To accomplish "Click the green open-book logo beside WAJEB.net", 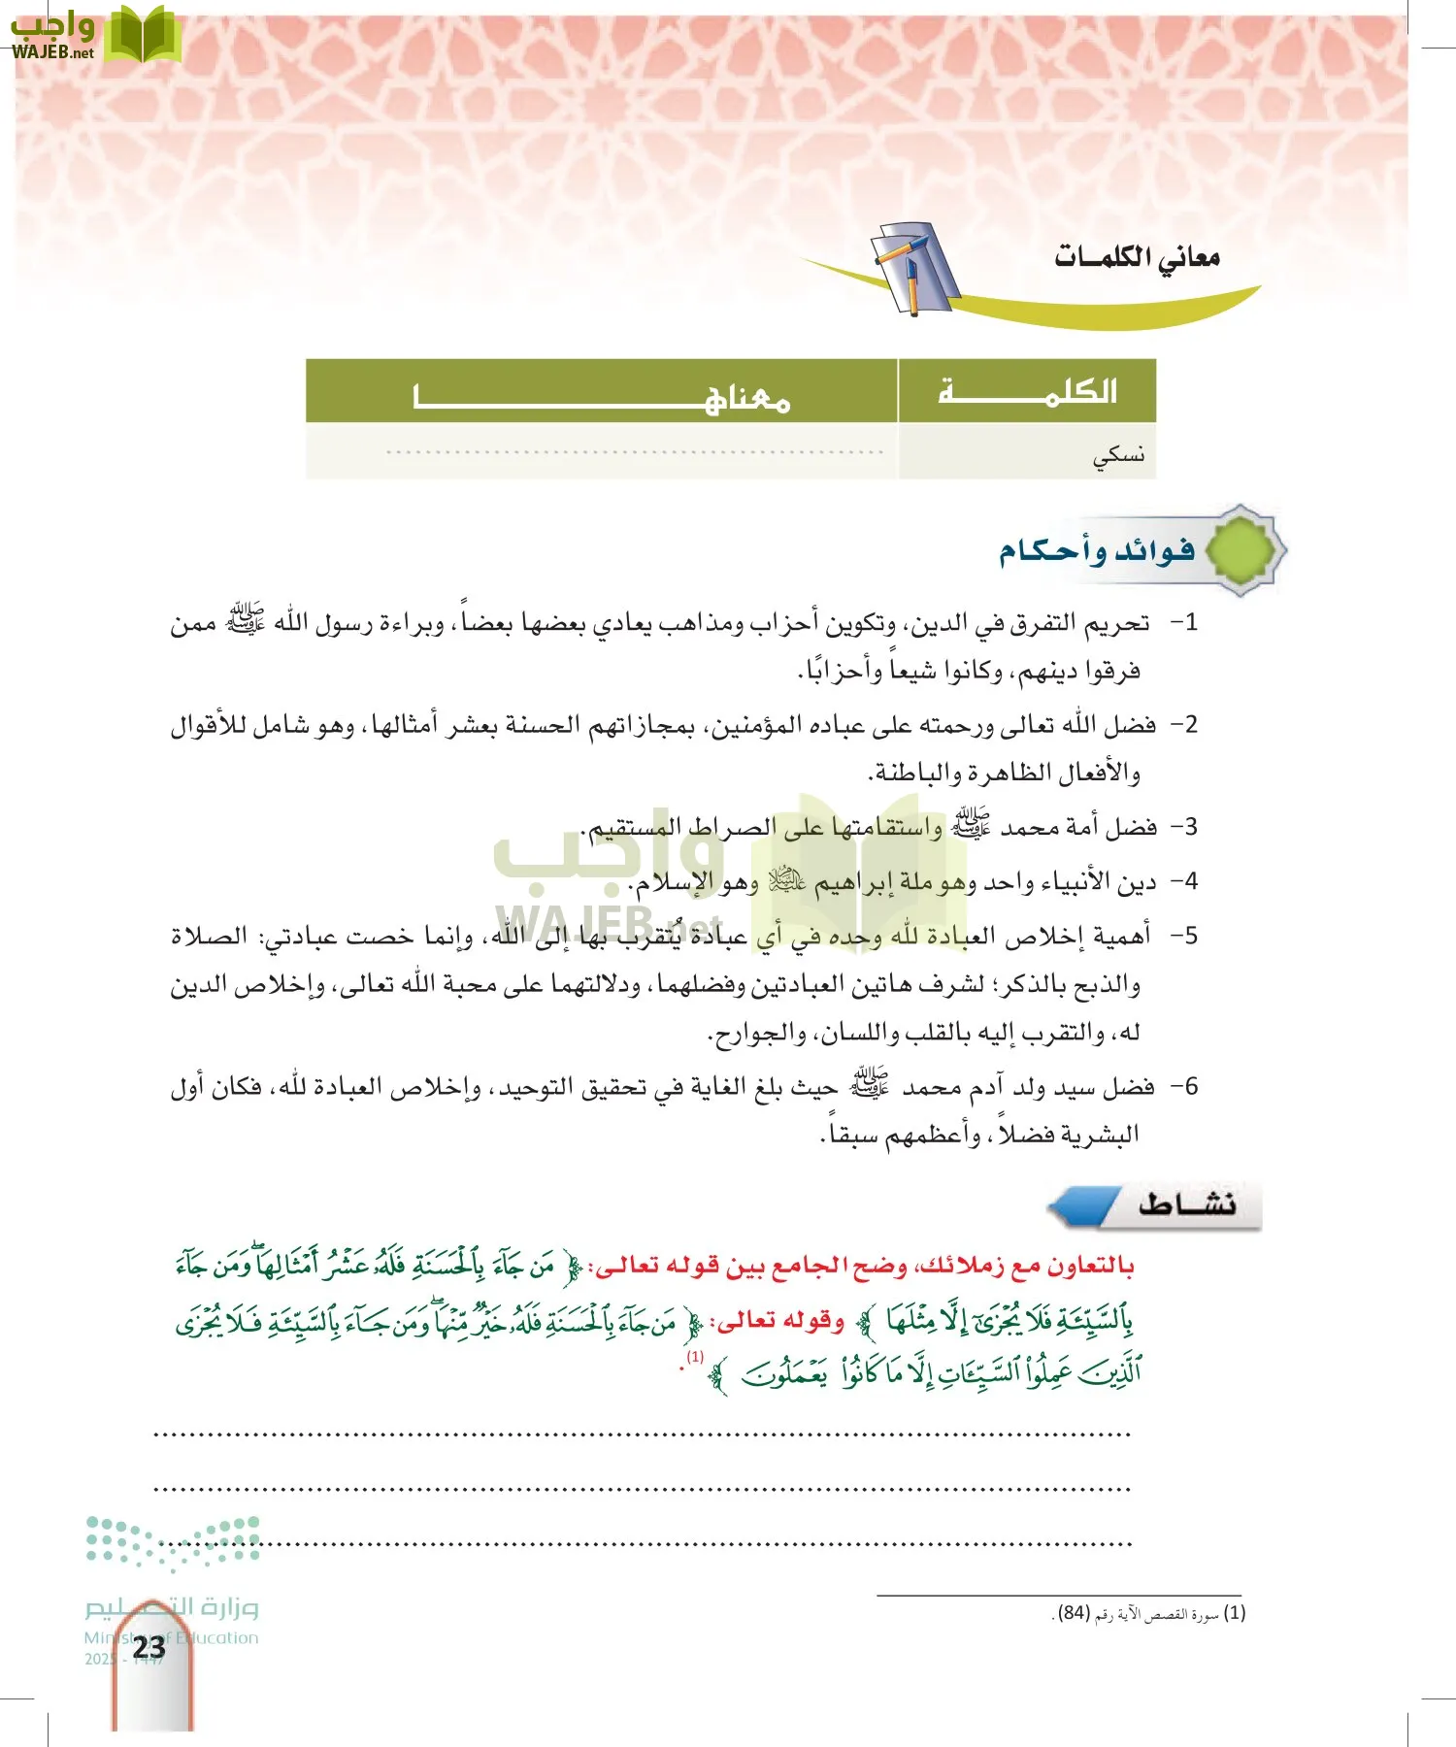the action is click(142, 35).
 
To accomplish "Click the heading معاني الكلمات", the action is click(1137, 257).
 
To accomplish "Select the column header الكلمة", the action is click(1027, 391).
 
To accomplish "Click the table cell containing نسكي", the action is click(1118, 453).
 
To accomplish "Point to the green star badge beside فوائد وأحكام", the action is click(1242, 550).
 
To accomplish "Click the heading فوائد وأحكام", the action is click(1098, 551).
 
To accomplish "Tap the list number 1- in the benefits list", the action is click(1184, 623).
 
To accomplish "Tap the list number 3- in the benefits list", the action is click(1184, 827).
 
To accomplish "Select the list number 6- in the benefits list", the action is click(1184, 1086).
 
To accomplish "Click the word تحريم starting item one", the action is click(1117, 623).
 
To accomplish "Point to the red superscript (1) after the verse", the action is click(695, 1357).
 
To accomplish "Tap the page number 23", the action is click(149, 1647).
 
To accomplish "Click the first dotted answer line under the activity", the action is click(643, 1434).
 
